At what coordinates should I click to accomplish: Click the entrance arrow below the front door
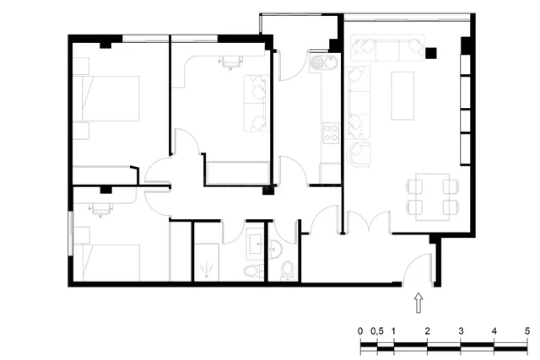click(418, 303)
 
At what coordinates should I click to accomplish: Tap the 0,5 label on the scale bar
click(377, 331)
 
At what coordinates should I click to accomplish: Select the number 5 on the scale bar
click(527, 331)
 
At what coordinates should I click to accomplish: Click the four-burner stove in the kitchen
click(331, 133)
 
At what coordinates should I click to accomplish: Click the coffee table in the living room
click(402, 95)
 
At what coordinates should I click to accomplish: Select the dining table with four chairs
click(433, 197)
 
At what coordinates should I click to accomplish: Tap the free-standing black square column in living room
click(431, 53)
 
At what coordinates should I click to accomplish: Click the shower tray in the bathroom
click(206, 262)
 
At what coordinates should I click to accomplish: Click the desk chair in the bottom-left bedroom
click(100, 210)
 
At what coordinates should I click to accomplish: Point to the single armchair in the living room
click(359, 154)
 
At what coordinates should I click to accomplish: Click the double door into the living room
click(369, 222)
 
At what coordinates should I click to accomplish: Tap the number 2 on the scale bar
click(427, 331)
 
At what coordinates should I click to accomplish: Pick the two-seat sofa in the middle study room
click(256, 103)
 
